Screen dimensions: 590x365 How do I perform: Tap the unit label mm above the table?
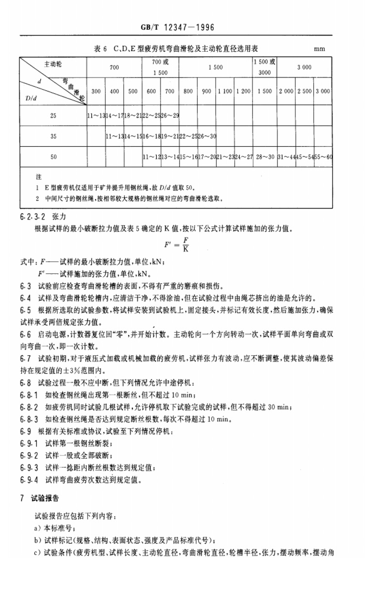point(319,49)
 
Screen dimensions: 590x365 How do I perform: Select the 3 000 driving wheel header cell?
point(304,68)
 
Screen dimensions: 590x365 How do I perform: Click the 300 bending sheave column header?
point(96,91)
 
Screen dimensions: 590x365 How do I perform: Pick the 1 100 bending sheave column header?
point(225,91)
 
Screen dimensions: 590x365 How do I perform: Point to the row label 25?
point(53,115)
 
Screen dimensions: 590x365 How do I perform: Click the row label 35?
point(53,136)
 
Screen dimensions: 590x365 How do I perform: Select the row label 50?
point(53,157)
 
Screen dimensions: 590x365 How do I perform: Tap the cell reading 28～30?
point(265,157)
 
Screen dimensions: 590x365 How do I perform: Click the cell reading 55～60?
point(323,157)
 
